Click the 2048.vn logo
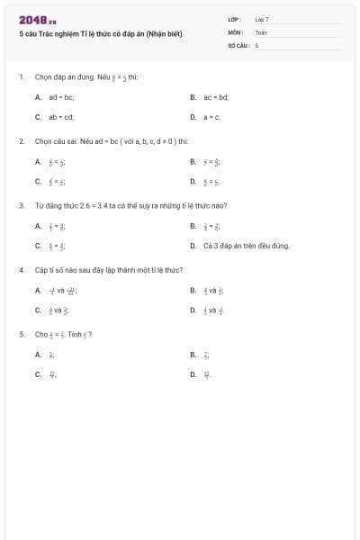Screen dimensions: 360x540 [x=37, y=20]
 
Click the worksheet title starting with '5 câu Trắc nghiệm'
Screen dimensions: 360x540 [x=101, y=34]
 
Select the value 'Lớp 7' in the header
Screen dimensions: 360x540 [x=262, y=19]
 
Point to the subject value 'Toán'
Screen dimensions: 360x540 [x=261, y=31]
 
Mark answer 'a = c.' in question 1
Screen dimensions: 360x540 [x=211, y=116]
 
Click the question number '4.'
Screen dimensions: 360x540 [x=21, y=269]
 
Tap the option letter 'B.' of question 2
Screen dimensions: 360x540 [x=193, y=162]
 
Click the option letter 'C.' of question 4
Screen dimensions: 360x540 [x=38, y=310]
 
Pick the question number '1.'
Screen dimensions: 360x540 [x=21, y=77]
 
